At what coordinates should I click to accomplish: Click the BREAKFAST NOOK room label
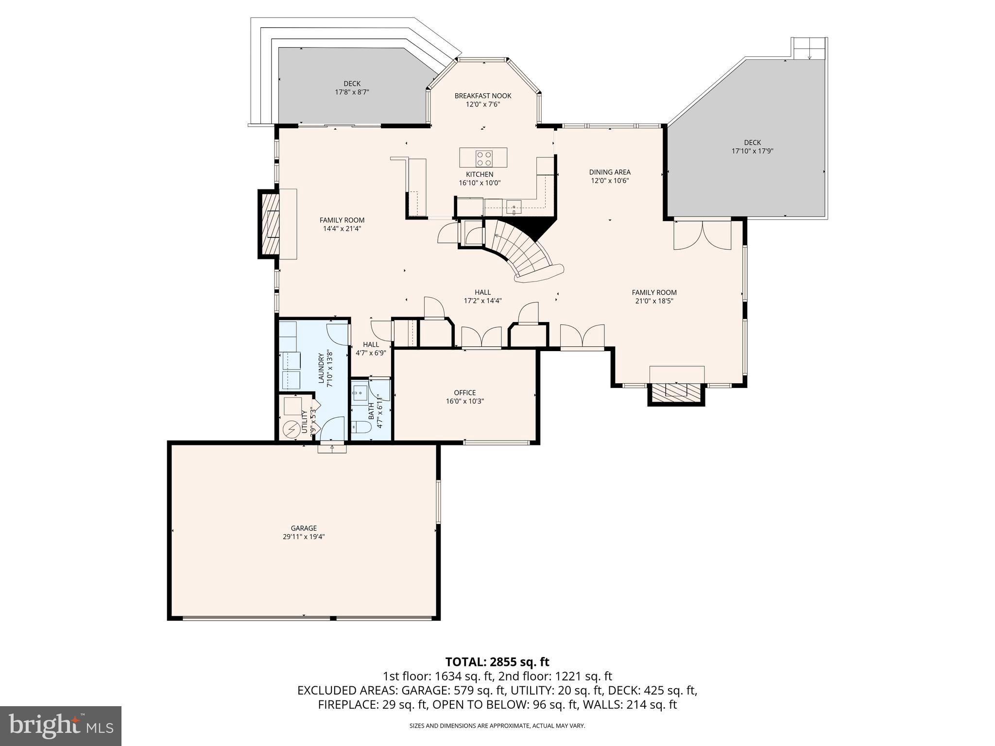coord(482,96)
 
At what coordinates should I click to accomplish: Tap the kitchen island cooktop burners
coord(483,158)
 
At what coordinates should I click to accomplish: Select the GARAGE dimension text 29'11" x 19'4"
coord(304,537)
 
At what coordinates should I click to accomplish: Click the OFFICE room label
coord(464,392)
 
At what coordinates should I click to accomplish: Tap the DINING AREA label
coord(609,172)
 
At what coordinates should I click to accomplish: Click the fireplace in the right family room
coord(676,392)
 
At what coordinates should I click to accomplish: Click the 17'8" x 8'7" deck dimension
coord(352,92)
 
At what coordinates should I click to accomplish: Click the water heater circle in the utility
coord(292,429)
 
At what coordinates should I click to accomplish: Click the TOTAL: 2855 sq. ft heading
coord(497,661)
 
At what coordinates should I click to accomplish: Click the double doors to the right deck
coord(702,236)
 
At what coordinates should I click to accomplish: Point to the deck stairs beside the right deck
coord(809,49)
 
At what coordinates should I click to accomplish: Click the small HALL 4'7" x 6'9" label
coord(371,349)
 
